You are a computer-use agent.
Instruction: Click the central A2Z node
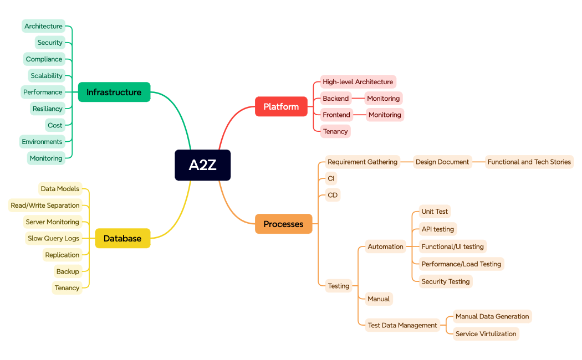click(x=202, y=165)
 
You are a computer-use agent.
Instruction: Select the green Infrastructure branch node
click(x=114, y=92)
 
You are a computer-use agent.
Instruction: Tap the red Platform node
click(x=281, y=106)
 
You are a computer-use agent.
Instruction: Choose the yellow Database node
click(x=122, y=238)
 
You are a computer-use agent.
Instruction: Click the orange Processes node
click(x=283, y=224)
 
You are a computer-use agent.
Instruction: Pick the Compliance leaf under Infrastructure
click(x=44, y=59)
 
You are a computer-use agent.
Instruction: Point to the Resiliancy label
click(x=47, y=109)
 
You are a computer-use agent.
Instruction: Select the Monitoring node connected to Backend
click(x=383, y=99)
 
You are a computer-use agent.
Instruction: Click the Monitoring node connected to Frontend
click(x=385, y=115)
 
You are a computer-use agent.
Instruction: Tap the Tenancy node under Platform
click(x=335, y=131)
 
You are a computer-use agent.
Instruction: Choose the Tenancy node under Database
click(x=67, y=288)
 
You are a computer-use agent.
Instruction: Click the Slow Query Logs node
click(x=53, y=238)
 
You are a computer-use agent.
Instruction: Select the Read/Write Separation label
click(x=45, y=205)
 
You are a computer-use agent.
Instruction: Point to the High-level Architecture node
click(x=358, y=82)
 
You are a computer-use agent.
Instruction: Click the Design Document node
click(x=442, y=162)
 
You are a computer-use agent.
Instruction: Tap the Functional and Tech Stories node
click(x=529, y=162)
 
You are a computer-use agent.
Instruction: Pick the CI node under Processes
click(x=331, y=178)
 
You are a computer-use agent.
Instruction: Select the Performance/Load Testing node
click(x=461, y=264)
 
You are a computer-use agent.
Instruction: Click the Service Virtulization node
click(x=486, y=334)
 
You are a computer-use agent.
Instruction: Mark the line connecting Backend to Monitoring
click(x=358, y=99)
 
